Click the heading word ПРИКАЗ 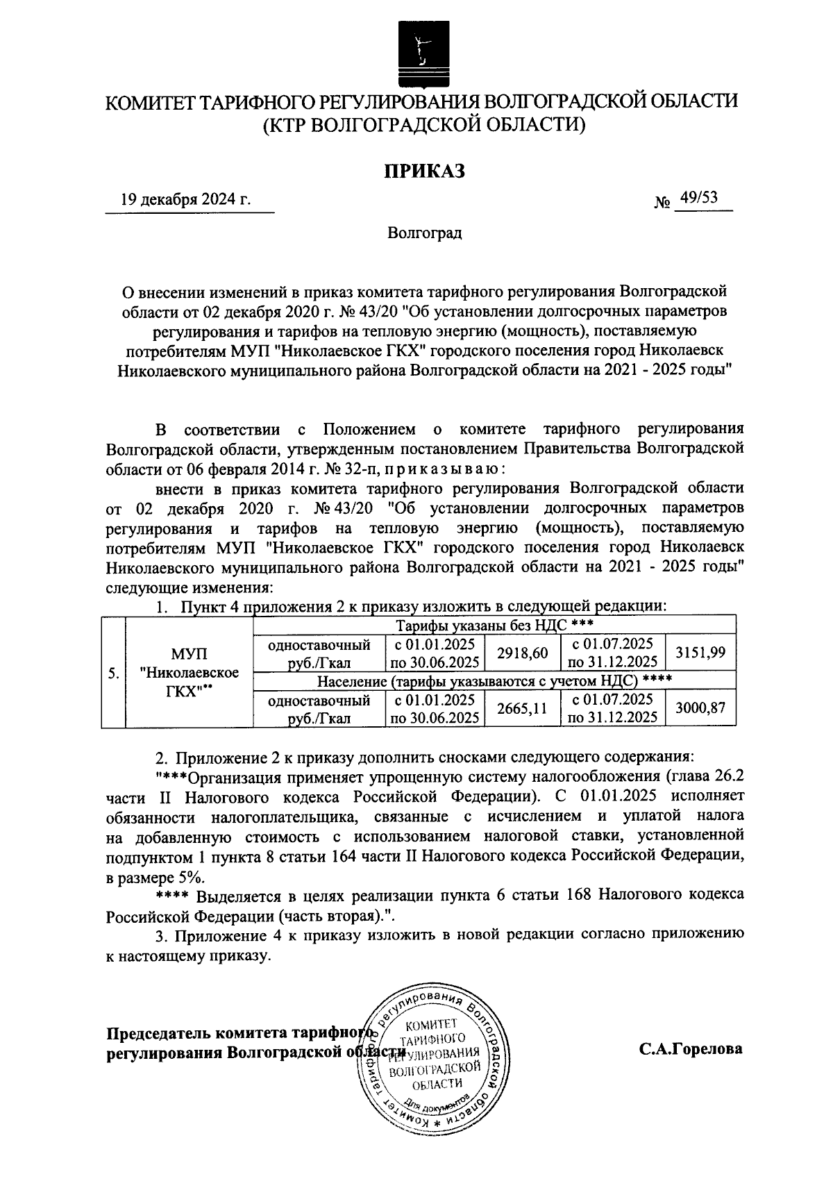(x=424, y=170)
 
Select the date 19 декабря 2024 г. (x=185, y=201)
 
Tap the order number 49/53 (x=699, y=199)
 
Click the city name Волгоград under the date (x=424, y=233)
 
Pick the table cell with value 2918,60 (x=523, y=653)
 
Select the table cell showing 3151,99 (x=700, y=653)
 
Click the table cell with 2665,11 (x=523, y=708)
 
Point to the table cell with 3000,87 (x=700, y=708)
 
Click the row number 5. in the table (x=112, y=673)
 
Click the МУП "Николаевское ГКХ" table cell (x=189, y=673)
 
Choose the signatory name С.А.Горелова (x=691, y=1049)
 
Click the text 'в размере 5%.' (x=147, y=878)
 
